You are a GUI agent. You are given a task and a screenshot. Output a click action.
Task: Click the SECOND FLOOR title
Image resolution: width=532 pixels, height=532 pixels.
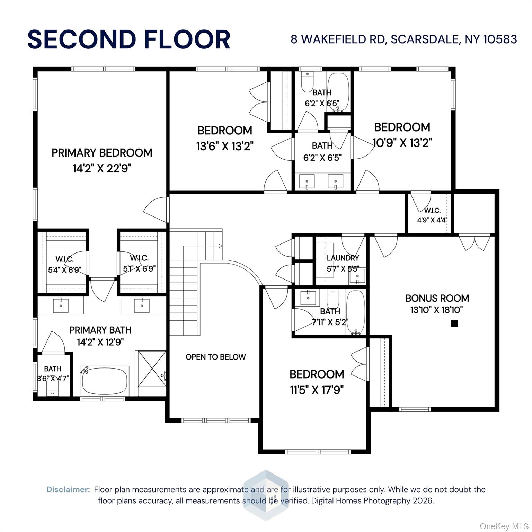pyautogui.click(x=129, y=39)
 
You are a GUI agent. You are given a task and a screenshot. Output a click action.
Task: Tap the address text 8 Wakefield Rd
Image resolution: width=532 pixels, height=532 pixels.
pyautogui.click(x=404, y=39)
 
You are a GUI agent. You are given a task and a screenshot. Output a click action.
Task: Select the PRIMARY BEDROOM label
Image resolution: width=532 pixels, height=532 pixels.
pyautogui.click(x=102, y=153)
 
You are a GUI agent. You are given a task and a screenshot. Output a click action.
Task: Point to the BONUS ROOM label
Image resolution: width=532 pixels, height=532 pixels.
pyautogui.click(x=437, y=298)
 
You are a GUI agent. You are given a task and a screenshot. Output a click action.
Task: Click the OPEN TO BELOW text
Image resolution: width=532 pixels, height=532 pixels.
pyautogui.click(x=215, y=357)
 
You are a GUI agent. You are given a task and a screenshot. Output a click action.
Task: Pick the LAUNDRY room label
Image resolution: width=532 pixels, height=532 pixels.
pyautogui.click(x=343, y=258)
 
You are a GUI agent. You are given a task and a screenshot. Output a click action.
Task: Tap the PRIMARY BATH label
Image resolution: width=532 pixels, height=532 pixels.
pyautogui.click(x=100, y=330)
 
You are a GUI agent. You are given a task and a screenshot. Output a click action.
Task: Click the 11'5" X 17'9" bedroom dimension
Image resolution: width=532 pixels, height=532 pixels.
pyautogui.click(x=317, y=390)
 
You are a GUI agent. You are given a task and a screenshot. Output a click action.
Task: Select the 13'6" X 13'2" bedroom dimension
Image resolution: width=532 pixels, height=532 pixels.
pyautogui.click(x=225, y=147)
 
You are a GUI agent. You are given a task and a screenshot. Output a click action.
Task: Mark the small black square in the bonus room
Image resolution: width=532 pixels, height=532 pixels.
pyautogui.click(x=454, y=323)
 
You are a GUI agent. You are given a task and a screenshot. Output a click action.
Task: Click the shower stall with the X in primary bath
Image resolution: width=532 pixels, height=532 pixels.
pyautogui.click(x=152, y=369)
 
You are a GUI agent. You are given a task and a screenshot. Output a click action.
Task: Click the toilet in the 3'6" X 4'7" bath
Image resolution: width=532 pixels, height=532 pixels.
pyautogui.click(x=53, y=390)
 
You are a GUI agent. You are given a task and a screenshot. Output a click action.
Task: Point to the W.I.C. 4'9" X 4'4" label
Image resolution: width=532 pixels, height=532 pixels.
pyautogui.click(x=432, y=215)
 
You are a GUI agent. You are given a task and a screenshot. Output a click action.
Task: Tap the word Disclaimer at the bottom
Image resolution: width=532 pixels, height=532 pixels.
pyautogui.click(x=68, y=489)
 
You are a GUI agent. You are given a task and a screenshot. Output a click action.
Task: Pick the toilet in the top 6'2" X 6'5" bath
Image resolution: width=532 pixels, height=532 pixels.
pyautogui.click(x=307, y=82)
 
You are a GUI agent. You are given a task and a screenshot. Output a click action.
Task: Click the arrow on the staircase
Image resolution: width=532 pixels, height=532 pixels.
pyautogui.click(x=220, y=246)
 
